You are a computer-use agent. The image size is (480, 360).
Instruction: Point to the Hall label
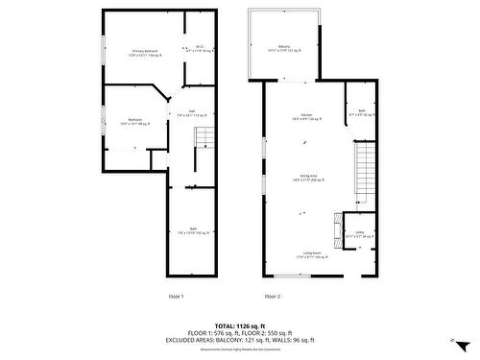point(192,112)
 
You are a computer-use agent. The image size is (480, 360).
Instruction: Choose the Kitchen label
point(306,116)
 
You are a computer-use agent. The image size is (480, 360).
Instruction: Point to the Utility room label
point(359,233)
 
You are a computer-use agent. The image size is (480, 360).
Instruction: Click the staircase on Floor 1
point(204,139)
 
